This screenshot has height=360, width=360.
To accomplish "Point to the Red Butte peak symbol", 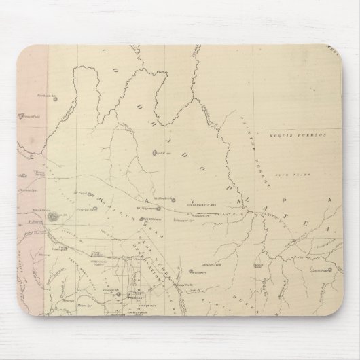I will (154, 153).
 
